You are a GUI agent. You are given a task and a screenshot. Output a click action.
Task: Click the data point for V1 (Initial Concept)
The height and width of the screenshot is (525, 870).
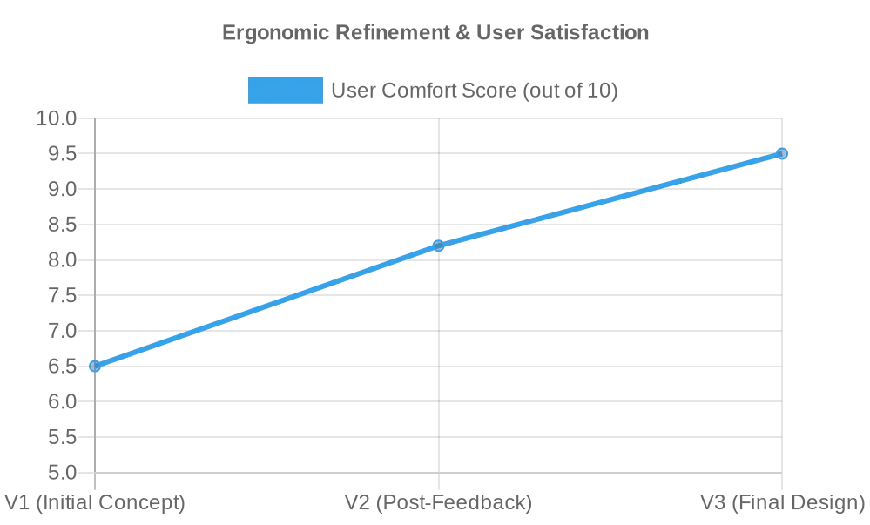(x=95, y=366)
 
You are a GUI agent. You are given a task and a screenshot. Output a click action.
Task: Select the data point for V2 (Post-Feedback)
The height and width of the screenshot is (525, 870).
(x=438, y=246)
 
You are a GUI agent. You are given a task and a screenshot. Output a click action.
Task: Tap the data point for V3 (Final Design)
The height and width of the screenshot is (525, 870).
(x=782, y=153)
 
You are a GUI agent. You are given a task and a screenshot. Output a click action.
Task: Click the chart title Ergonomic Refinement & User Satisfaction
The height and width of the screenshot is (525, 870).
(x=435, y=33)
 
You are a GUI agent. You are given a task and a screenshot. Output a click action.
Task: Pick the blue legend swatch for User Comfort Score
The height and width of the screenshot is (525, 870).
(x=285, y=91)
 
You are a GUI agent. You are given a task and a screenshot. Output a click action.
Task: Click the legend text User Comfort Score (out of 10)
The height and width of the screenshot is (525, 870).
(x=475, y=91)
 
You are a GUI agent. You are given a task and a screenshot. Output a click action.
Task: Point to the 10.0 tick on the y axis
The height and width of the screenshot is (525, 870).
(x=57, y=118)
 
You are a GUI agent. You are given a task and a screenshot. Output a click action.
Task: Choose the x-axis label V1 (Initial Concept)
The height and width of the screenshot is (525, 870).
(x=95, y=503)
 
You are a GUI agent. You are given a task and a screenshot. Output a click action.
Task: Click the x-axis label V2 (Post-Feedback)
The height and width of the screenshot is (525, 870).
(x=438, y=503)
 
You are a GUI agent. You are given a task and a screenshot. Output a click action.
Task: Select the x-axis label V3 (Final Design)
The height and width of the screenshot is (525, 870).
(x=782, y=503)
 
